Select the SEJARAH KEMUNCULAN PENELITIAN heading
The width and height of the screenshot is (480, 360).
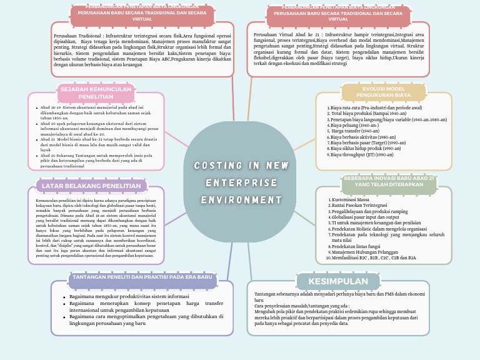[96, 93]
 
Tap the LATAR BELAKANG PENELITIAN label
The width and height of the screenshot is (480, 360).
[91, 186]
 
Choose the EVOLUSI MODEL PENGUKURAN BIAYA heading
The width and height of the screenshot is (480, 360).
[383, 92]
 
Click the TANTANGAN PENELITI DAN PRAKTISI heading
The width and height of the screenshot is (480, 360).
[142, 277]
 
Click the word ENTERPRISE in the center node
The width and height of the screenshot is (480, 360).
[241, 183]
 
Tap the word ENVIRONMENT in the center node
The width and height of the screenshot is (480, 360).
[241, 200]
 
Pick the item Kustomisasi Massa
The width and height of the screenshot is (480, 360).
[350, 199]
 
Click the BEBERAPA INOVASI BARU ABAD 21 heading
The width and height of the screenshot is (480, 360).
[388, 181]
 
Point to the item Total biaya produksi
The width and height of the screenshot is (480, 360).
[361, 114]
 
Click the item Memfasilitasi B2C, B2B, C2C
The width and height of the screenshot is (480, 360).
[374, 257]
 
